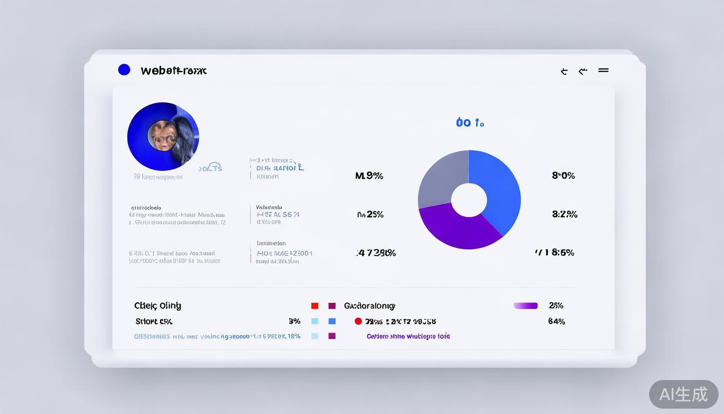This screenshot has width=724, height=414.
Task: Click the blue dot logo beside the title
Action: [x=124, y=70]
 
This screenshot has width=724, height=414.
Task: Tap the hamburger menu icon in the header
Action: [x=603, y=70]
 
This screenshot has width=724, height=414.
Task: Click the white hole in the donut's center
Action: [x=469, y=200]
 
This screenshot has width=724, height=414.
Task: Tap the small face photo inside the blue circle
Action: [x=163, y=135]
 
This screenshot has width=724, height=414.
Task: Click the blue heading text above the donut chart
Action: [x=470, y=123]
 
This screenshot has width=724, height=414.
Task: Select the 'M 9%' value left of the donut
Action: [x=369, y=176]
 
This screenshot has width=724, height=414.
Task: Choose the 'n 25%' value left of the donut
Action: [x=370, y=215]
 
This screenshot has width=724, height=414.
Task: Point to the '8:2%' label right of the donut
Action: [x=565, y=214]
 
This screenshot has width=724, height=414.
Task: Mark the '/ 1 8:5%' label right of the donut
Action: [x=554, y=252]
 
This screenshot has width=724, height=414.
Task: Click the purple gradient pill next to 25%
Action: [x=525, y=306]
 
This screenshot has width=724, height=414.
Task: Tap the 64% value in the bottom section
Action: [x=556, y=321]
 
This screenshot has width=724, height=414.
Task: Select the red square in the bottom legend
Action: [x=315, y=306]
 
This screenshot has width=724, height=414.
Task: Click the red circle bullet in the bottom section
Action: [x=358, y=321]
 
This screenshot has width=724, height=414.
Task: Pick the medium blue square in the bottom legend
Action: [x=332, y=321]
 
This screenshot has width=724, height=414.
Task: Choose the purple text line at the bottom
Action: [x=408, y=336]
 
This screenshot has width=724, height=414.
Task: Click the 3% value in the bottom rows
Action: [x=294, y=321]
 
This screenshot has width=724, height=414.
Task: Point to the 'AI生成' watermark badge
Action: [x=683, y=394]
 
